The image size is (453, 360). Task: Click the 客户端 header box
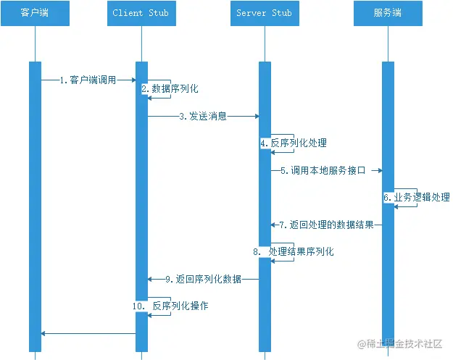(35, 13)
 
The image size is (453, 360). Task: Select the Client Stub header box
(142, 13)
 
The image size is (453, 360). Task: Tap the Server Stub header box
(265, 13)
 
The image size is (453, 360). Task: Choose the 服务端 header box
(388, 13)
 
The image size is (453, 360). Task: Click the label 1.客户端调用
(88, 80)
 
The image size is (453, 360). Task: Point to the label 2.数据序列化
(170, 88)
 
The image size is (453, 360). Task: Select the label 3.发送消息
(203, 116)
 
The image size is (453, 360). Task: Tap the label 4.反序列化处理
(293, 143)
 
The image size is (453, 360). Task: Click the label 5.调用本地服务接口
(323, 170)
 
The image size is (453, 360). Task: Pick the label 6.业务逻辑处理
(417, 197)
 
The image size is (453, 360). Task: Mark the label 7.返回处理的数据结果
(326, 225)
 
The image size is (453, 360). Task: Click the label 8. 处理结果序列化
(294, 251)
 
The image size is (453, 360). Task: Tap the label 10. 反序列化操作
(170, 306)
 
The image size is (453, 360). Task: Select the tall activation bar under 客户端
(35, 203)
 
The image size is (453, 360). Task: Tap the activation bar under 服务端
(388, 203)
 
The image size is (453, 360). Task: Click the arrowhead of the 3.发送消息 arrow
(256, 116)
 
